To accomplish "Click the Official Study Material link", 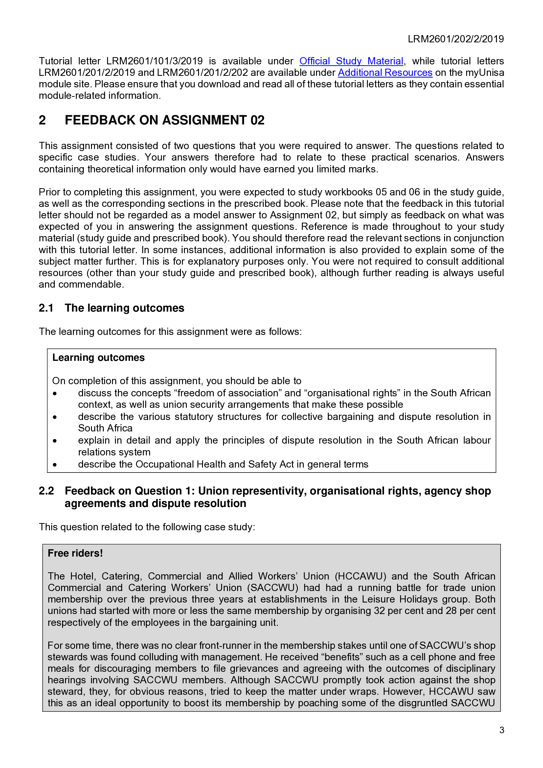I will pyautogui.click(x=351, y=61).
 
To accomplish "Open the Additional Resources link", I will pyautogui.click(x=385, y=73).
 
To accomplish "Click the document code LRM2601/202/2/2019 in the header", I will pyautogui.click(x=455, y=39).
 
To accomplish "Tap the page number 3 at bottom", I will pyautogui.click(x=502, y=730).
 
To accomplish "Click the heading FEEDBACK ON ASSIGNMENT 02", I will pyautogui.click(x=164, y=120).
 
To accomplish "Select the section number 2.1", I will pyautogui.click(x=46, y=308).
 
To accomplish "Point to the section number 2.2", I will pyautogui.click(x=46, y=491).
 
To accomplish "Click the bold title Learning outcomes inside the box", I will pyautogui.click(x=98, y=358).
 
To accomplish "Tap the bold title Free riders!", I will pyautogui.click(x=75, y=553).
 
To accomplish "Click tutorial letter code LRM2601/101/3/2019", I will pyautogui.click(x=154, y=61).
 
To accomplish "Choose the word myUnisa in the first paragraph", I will pyautogui.click(x=485, y=73).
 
